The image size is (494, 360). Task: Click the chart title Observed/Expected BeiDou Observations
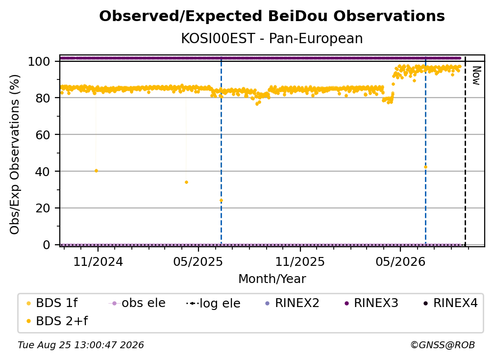click(x=272, y=16)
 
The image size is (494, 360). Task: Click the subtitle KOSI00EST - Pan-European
click(x=272, y=38)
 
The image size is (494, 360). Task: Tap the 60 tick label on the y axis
click(x=43, y=134)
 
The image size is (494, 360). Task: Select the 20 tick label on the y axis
click(x=43, y=208)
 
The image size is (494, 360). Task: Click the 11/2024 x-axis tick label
click(x=98, y=261)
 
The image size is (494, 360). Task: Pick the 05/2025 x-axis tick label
click(x=198, y=261)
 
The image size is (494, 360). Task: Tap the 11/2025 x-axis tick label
click(x=300, y=261)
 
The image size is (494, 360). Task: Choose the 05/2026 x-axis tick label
click(x=400, y=261)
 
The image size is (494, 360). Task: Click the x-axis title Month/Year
click(x=272, y=279)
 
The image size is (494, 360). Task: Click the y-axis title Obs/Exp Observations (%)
click(x=15, y=154)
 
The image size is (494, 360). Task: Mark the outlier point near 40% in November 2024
click(x=96, y=171)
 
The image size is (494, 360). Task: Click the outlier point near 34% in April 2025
click(x=186, y=182)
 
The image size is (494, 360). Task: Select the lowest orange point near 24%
click(x=221, y=201)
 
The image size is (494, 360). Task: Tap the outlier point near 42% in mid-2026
click(x=425, y=167)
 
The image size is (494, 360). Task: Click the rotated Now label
click(x=476, y=76)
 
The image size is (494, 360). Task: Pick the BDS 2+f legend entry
click(x=57, y=321)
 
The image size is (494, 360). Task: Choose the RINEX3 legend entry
click(x=371, y=303)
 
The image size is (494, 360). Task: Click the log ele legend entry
click(x=213, y=303)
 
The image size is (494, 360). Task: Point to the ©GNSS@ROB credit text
click(x=443, y=345)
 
